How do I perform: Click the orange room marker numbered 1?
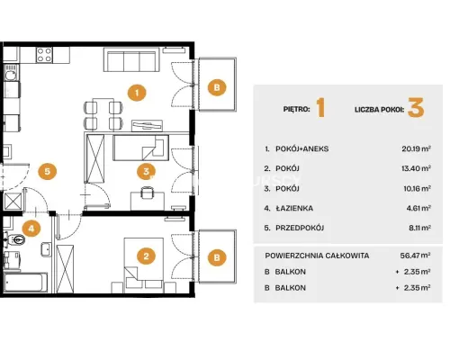137,93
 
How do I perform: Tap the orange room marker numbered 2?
146,256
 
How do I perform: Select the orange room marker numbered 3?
146,171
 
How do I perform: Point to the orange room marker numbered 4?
31,229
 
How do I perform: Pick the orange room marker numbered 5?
48,171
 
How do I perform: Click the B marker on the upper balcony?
217,87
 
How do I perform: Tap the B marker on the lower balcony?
217,257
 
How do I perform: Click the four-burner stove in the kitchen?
44,55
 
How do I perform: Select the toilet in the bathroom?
15,239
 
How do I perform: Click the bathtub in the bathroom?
26,282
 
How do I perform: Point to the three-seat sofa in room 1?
131,59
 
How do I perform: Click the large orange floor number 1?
320,108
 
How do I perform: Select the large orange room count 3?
416,108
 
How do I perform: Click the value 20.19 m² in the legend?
417,148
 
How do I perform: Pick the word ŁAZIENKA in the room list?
294,208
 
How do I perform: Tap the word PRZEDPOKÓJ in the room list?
300,228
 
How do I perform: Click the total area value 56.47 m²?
416,256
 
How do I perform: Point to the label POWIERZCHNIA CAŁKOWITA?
317,256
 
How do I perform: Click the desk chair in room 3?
147,193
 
